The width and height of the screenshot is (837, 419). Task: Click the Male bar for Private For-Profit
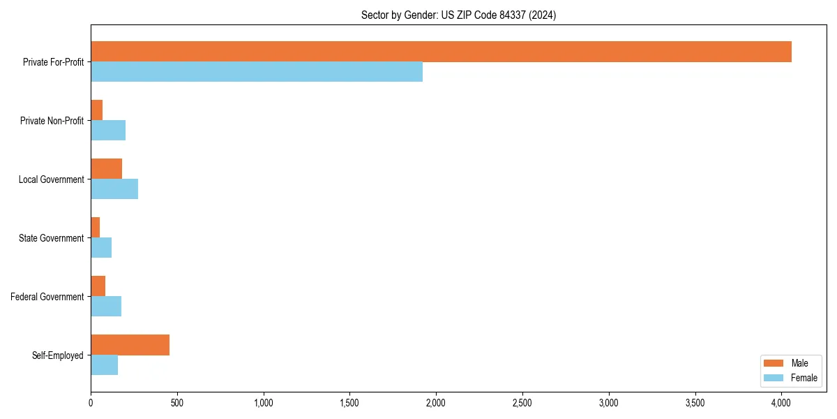coord(441,52)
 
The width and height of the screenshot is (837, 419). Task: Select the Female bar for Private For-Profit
coord(257,72)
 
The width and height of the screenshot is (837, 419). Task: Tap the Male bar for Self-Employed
coord(130,345)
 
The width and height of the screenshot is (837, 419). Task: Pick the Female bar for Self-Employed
coord(104,365)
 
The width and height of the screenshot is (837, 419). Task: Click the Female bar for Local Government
coord(114,189)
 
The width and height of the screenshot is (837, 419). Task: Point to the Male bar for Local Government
coord(106,169)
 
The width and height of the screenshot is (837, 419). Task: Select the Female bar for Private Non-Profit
coord(108,131)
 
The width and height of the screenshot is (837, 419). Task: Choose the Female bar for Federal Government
coord(106,307)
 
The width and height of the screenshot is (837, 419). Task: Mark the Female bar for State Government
coord(101,248)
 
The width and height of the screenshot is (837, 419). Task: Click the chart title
coord(458,15)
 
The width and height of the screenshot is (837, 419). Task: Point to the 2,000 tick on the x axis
coord(436,403)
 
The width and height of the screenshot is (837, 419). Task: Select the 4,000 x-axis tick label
coord(781,403)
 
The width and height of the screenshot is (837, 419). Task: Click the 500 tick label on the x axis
coord(177,403)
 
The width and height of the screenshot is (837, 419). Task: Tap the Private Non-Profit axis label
coord(52,121)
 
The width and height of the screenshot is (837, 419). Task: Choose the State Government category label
coord(51,238)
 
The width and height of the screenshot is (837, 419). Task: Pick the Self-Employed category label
coord(57,355)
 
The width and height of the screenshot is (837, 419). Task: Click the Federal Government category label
coord(47,297)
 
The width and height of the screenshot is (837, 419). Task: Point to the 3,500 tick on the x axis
coord(695,403)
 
